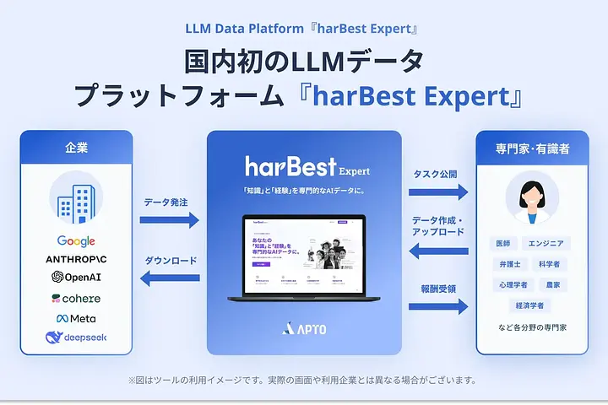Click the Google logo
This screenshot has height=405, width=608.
76,242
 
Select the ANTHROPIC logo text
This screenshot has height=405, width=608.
76,259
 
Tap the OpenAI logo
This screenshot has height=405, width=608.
76,278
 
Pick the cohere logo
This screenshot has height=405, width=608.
76,298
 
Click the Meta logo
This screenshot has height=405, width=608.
76,318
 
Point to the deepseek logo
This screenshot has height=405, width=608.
76,338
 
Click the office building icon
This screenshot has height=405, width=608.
76,200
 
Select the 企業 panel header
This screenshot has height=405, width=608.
76,148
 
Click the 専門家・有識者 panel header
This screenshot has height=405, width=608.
532,148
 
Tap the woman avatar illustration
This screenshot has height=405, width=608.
532,201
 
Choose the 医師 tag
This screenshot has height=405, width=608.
504,244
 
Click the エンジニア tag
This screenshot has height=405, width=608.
546,244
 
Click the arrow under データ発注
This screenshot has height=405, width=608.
169,219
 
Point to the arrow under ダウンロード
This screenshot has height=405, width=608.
169,279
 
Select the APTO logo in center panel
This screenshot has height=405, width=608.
304,329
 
